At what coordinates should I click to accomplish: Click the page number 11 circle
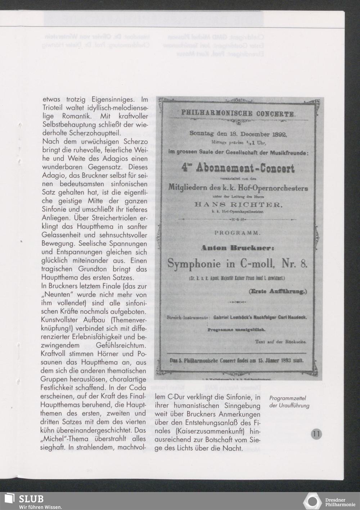point(316,434)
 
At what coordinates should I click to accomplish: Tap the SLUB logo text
point(31,498)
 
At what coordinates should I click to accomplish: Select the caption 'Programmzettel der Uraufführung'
point(289,402)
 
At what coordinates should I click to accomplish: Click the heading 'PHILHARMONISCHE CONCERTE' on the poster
point(239,114)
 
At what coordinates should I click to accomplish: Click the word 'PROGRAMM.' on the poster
point(238,233)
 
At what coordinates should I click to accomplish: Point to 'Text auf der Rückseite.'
point(281,342)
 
